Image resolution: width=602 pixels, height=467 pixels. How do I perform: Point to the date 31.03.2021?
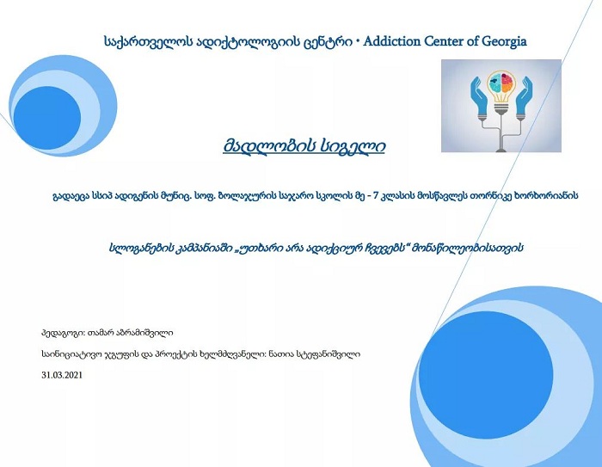coord(62,375)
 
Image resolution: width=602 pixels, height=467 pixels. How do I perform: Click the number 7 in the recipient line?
coord(376,196)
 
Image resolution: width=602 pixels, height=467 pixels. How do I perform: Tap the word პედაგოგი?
coord(63,333)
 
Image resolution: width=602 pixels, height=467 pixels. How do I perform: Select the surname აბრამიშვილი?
coord(150,333)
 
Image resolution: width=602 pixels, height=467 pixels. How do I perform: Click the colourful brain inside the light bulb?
coord(501,80)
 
